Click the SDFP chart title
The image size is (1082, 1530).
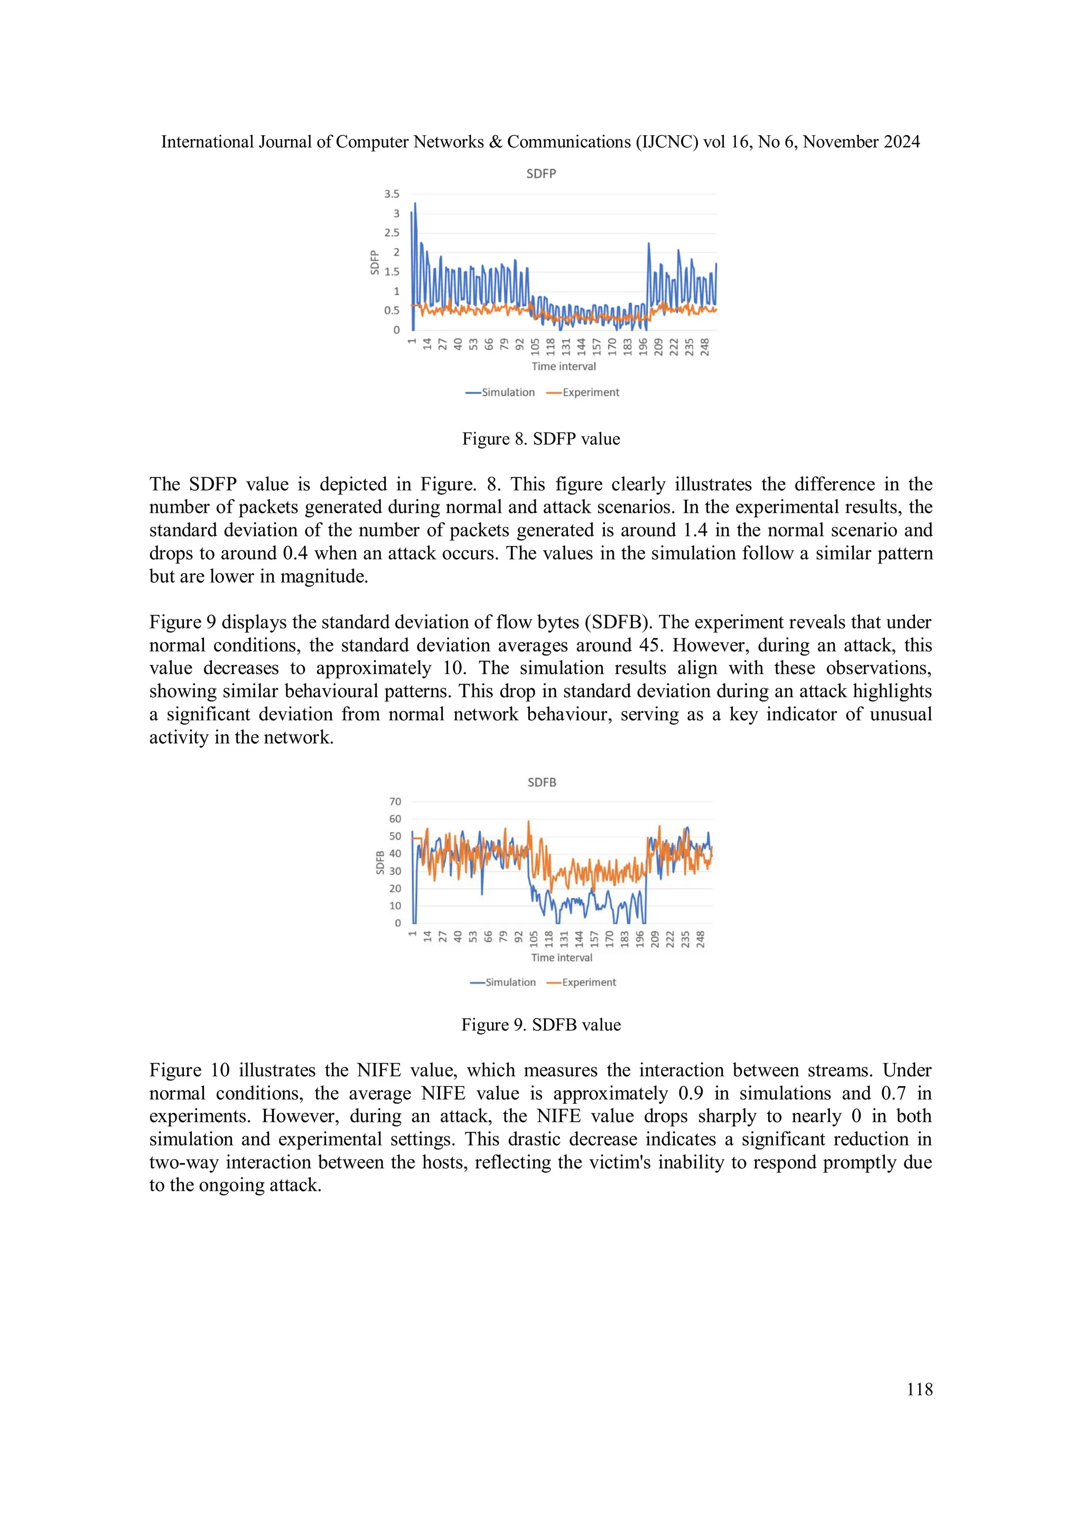click(540, 173)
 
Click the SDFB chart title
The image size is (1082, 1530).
click(542, 782)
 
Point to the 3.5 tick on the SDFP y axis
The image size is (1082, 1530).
click(391, 194)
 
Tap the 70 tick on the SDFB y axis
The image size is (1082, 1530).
click(395, 802)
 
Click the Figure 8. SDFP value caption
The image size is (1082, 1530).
click(540, 439)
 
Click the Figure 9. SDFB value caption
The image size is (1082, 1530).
click(540, 1025)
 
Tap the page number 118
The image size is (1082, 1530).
click(919, 1390)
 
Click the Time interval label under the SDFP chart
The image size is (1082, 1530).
click(563, 367)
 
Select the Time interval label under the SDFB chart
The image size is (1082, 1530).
click(561, 958)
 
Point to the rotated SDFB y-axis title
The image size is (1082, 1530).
click(380, 862)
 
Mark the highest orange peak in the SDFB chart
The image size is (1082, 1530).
click(529, 822)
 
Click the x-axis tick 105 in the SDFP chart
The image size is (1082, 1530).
click(535, 346)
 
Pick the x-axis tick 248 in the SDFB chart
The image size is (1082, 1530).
click(701, 939)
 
